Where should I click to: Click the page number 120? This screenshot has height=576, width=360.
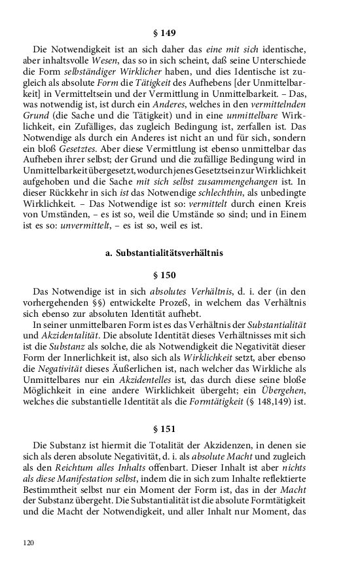[28, 543]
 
